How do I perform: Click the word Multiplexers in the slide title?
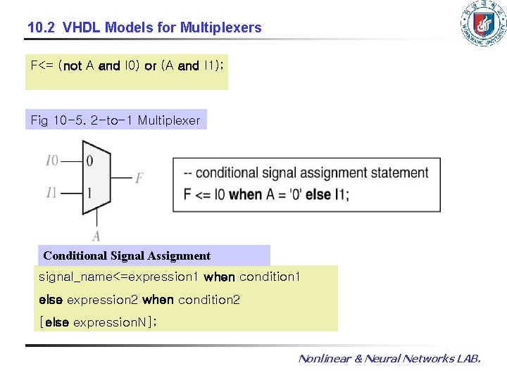[x=220, y=28]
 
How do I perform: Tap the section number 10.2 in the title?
[x=42, y=28]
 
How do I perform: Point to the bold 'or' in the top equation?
[x=150, y=66]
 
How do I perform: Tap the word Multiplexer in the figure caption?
[x=169, y=120]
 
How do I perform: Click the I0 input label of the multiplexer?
[x=52, y=161]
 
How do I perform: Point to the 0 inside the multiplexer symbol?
[x=89, y=161]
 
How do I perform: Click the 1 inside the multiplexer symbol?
[x=89, y=193]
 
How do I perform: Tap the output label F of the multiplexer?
[x=139, y=179]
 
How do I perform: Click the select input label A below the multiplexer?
[x=96, y=236]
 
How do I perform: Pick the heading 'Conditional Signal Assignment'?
[x=127, y=255]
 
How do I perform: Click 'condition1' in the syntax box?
[x=270, y=277]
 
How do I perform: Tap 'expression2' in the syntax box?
[x=103, y=300]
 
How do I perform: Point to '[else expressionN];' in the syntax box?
[x=98, y=322]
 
